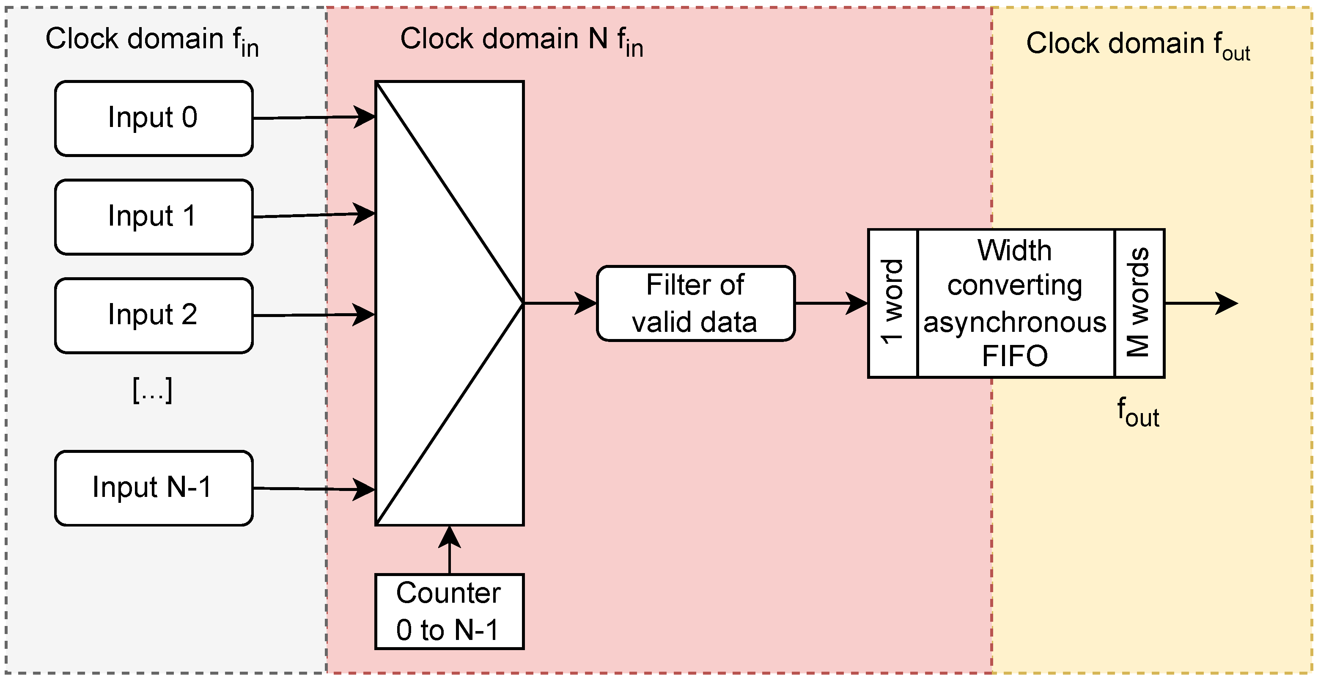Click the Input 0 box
tap(154, 118)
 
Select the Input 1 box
tap(154, 217)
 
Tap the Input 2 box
tap(154, 316)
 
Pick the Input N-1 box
tap(154, 488)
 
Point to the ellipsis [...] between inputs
tap(152, 391)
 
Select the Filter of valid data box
tap(695, 303)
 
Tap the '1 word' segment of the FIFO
tap(893, 303)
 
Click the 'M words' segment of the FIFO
tap(1140, 303)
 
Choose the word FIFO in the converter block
tap(1015, 356)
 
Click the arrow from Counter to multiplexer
tap(449, 551)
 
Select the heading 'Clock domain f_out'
tap(1138, 44)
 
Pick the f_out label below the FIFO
tap(1137, 413)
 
